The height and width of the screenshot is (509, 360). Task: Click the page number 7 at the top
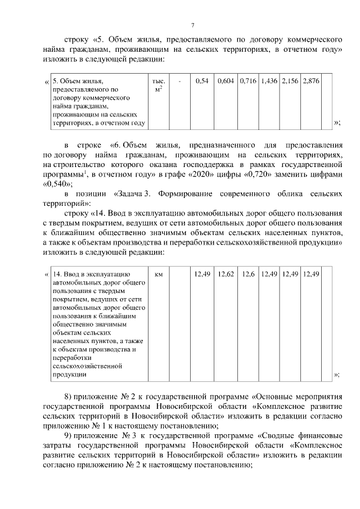(192, 25)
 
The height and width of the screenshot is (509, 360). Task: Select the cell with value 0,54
(201, 82)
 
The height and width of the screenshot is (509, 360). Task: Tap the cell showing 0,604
(226, 82)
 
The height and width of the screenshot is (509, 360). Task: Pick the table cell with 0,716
(247, 82)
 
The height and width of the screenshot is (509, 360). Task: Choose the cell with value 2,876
(310, 82)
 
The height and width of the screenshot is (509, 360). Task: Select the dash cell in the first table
(179, 82)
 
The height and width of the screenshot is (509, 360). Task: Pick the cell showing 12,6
(248, 274)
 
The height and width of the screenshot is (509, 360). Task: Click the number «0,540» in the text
(56, 184)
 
